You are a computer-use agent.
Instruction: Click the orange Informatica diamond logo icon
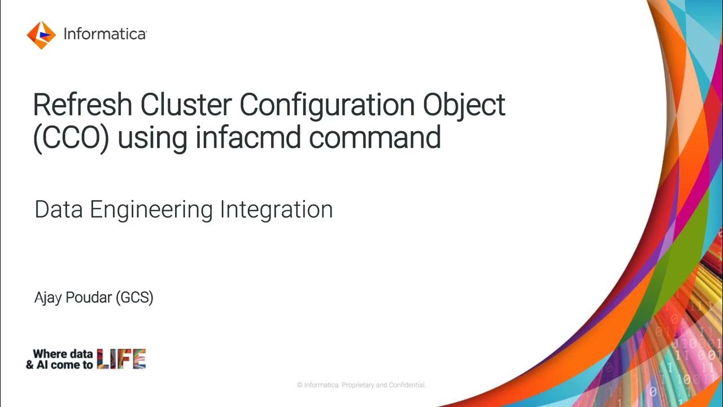coord(41,34)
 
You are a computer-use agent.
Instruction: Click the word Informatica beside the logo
coord(105,34)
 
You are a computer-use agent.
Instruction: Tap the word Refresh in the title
coord(82,105)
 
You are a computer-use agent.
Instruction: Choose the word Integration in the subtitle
coord(276,210)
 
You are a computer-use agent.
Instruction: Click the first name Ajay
coord(49,298)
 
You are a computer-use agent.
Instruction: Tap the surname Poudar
coord(90,297)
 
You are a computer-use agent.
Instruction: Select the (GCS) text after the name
coord(134,297)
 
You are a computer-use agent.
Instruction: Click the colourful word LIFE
coord(121,359)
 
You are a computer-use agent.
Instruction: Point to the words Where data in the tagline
coord(62,354)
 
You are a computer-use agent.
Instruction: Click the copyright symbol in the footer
coord(300,385)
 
